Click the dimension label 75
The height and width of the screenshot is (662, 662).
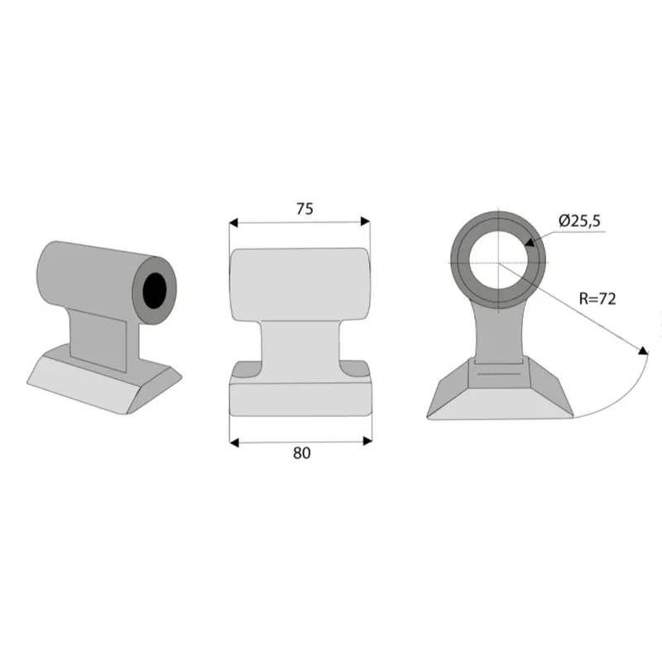pos(305,209)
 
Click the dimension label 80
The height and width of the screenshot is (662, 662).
pos(301,453)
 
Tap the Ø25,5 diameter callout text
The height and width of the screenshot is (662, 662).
pos(579,221)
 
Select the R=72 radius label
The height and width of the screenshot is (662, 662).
pos(597,299)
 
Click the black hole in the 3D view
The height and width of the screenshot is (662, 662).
pos(155,290)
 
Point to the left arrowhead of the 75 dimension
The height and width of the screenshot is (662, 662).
pos(233,223)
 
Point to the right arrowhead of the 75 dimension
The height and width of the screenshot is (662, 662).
pos(365,221)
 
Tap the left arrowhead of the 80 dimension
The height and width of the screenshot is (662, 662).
pos(234,443)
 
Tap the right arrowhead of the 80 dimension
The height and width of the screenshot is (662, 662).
pos(367,441)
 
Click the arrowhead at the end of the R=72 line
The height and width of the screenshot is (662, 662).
pos(643,351)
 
